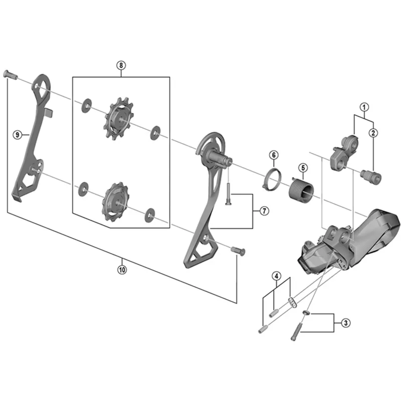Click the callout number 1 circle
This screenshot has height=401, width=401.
click(x=364, y=106)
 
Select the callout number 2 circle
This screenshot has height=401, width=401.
click(x=373, y=133)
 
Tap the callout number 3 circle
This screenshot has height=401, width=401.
click(x=345, y=323)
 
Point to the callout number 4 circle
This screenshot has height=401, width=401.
click(x=276, y=276)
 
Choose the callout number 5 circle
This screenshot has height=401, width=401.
click(x=303, y=167)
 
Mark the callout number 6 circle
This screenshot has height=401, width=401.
click(x=273, y=155)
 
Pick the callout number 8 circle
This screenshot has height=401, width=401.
click(x=121, y=65)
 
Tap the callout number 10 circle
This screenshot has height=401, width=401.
click(x=122, y=269)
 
